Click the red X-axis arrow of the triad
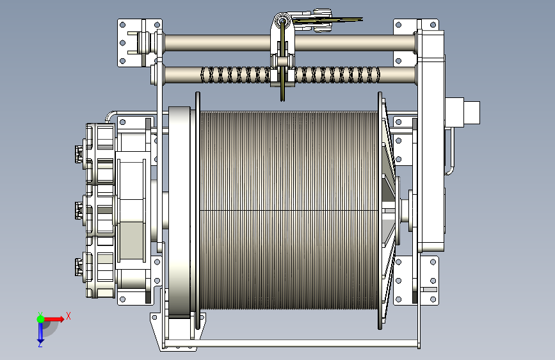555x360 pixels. tap(54, 319)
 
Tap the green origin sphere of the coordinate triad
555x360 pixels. tap(40, 319)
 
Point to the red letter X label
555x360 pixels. tap(68, 316)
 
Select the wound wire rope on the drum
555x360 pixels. tap(289, 211)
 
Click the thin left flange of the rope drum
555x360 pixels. tap(198, 211)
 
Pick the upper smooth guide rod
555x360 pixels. tap(289, 43)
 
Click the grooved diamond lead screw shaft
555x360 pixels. tap(289, 75)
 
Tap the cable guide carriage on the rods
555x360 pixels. tap(282, 53)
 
